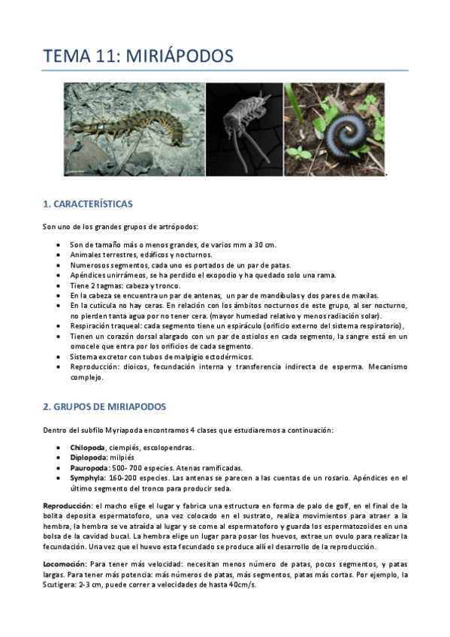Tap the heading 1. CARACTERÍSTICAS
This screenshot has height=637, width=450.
(88, 203)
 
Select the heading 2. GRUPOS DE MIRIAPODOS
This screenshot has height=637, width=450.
(104, 406)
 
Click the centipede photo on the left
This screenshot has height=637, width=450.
(134, 129)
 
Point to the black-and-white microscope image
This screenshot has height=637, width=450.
(243, 129)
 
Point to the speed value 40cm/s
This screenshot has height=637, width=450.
(242, 584)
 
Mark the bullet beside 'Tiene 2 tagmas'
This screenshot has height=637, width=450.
(59, 285)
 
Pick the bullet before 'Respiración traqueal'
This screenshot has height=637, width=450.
(59, 325)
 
